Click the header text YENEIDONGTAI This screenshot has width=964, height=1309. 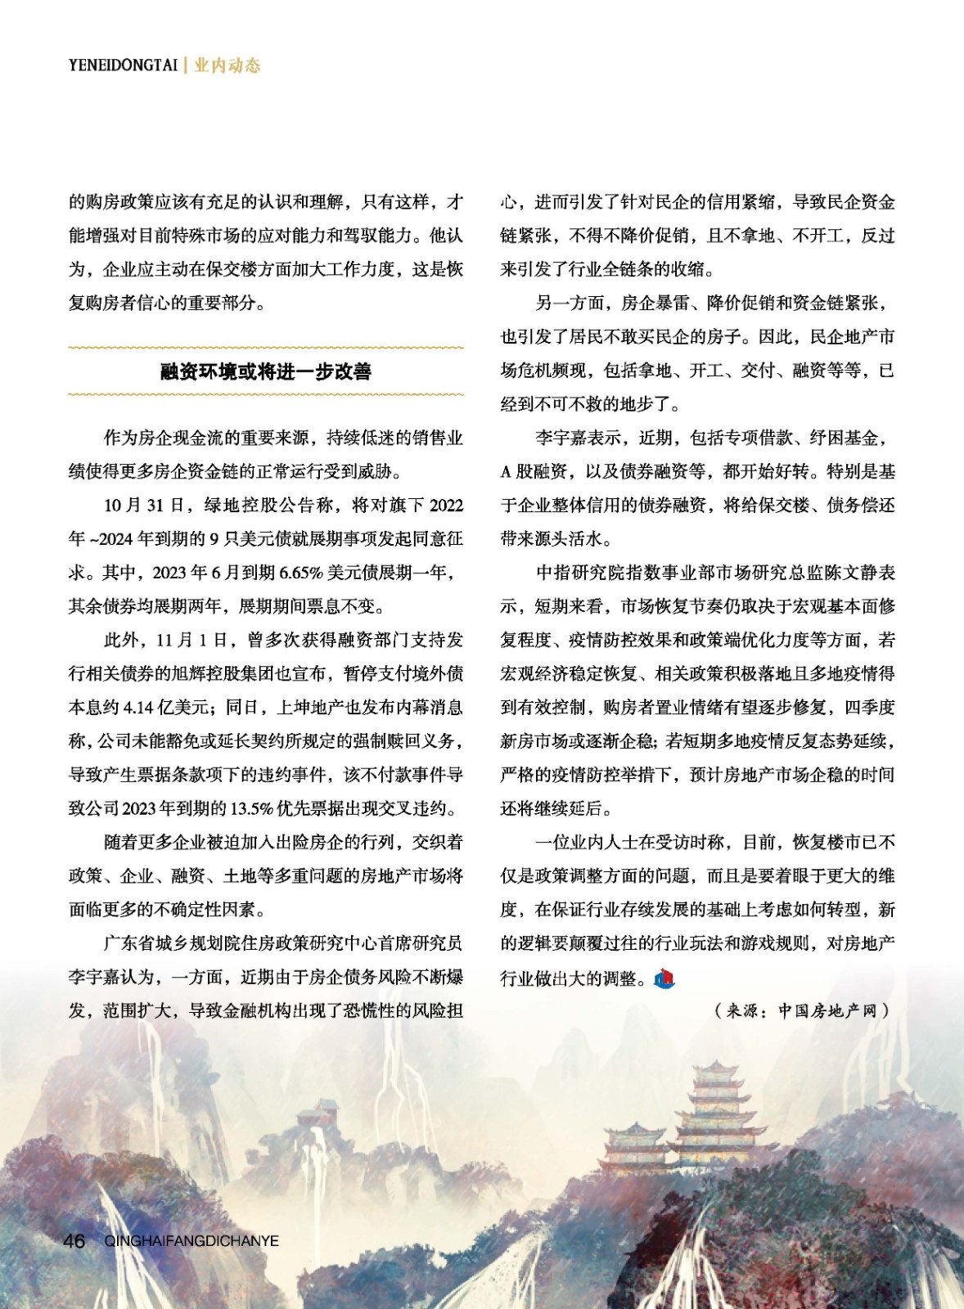(x=123, y=65)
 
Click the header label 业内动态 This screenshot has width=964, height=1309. (x=227, y=65)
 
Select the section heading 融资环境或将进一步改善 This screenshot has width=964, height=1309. (x=266, y=372)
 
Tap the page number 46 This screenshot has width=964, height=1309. (x=74, y=1241)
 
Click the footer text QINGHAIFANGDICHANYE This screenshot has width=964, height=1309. (x=191, y=1241)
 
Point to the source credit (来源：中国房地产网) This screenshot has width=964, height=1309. (x=802, y=1010)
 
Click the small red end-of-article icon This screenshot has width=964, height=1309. (x=664, y=977)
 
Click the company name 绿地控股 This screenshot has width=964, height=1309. (x=238, y=506)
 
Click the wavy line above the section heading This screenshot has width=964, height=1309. (x=266, y=349)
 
